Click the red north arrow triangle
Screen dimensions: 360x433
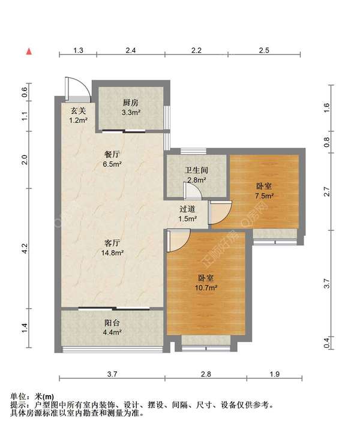click(x=29, y=52)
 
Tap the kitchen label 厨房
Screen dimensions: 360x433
click(x=130, y=103)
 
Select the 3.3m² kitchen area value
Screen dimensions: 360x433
click(x=131, y=113)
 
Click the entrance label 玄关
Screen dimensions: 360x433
click(x=79, y=111)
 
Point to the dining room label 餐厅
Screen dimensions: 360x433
click(x=112, y=154)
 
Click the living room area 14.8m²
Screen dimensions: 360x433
click(x=112, y=252)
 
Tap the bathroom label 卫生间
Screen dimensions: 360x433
click(x=196, y=170)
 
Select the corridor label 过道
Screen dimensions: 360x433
click(x=187, y=209)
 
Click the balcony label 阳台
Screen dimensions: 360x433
click(x=112, y=323)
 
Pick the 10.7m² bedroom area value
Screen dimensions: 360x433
click(x=206, y=288)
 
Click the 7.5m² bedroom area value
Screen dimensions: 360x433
click(x=264, y=196)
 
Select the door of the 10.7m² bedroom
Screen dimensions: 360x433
click(x=178, y=240)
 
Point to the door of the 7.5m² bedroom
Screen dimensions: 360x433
click(x=220, y=212)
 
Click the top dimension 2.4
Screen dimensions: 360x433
click(x=130, y=50)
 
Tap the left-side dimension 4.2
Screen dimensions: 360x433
click(x=25, y=248)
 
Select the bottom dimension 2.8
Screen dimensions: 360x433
click(x=206, y=374)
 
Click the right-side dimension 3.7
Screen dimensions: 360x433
click(x=327, y=283)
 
